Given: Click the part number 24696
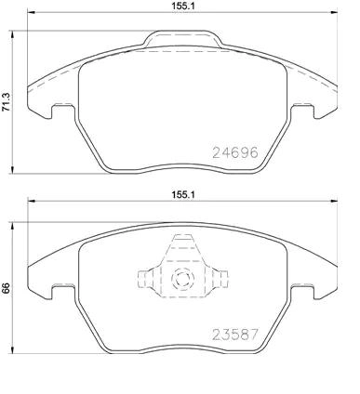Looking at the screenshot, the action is tap(235, 152).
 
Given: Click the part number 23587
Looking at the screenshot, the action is tap(235, 335).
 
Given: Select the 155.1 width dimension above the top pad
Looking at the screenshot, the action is tap(183, 6).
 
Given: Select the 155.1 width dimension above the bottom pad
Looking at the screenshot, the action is tap(183, 194).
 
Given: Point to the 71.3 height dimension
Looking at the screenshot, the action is tap(6, 102).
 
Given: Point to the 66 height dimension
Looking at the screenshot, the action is tap(6, 288).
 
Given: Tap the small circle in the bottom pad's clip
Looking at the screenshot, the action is tap(182, 279).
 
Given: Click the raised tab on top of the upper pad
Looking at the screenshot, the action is tap(183, 39).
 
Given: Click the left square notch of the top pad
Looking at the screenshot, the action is tap(63, 111).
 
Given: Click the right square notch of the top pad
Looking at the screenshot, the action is tap(302, 111).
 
